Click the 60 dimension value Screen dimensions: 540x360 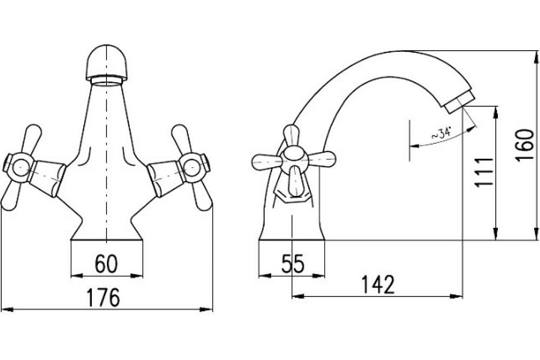click(x=106, y=263)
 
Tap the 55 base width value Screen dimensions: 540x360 click(x=293, y=264)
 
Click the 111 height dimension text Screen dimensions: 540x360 click(x=483, y=172)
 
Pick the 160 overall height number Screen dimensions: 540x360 click(x=525, y=145)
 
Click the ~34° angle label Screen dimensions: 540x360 click(x=441, y=133)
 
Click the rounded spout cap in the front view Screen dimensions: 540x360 click(x=107, y=63)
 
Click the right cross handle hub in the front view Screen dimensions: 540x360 click(x=193, y=167)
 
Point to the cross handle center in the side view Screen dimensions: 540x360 click(x=293, y=160)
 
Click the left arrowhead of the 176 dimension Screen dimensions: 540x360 click(x=7, y=309)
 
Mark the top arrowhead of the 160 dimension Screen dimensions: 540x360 click(x=536, y=57)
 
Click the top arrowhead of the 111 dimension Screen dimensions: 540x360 click(x=496, y=112)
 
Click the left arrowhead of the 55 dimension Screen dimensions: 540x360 click(x=264, y=276)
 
